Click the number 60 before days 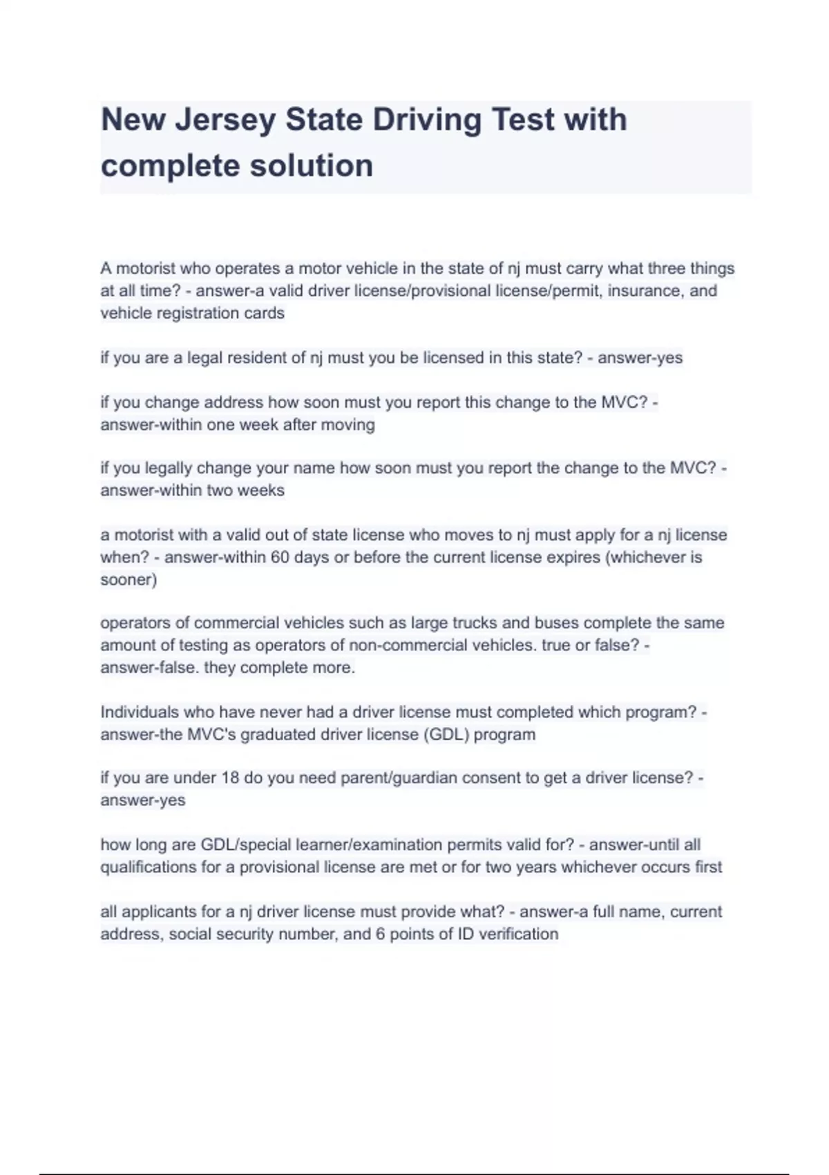tap(280, 557)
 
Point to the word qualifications tap(148, 867)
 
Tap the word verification tap(518, 934)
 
